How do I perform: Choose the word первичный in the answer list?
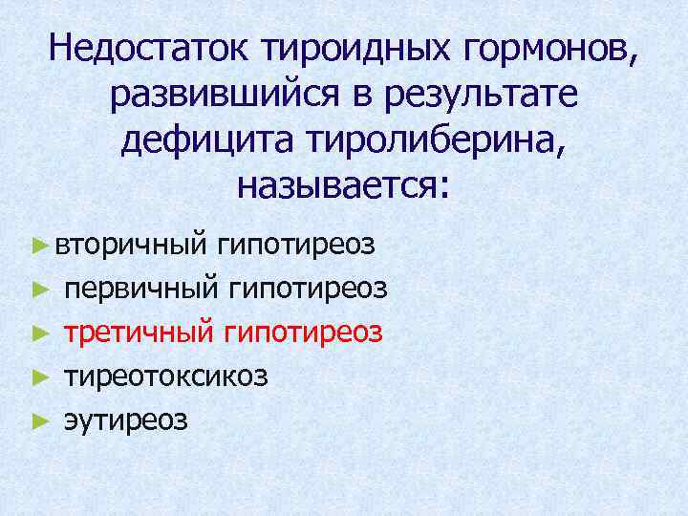[x=140, y=288]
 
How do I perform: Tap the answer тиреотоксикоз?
[x=166, y=376]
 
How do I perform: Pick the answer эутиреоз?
[x=126, y=419]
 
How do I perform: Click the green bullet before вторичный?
[x=38, y=246]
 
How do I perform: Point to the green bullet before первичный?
[x=38, y=289]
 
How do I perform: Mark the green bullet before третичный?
[x=38, y=333]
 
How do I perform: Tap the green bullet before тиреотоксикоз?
[x=38, y=376]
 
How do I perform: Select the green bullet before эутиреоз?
[x=38, y=420]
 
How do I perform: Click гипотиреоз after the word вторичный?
[x=295, y=245]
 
